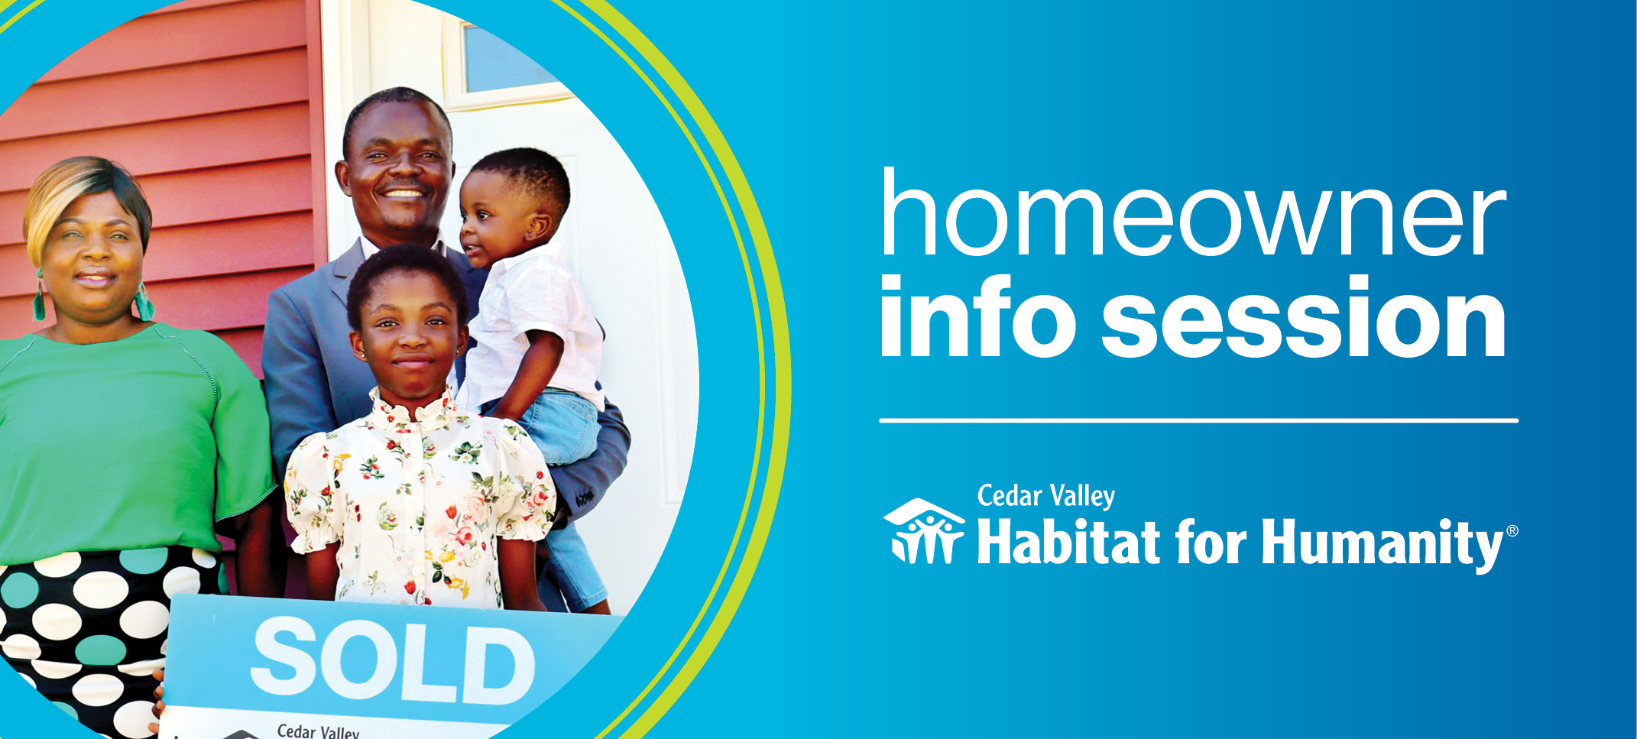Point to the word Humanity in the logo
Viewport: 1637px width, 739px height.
click(1383, 543)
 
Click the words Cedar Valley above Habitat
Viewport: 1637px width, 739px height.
click(1046, 496)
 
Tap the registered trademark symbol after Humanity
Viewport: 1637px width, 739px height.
click(1512, 532)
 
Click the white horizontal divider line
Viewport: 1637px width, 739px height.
click(1198, 420)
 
